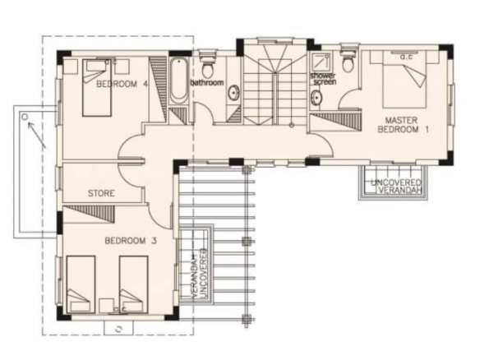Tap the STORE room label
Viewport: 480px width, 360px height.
coord(101,193)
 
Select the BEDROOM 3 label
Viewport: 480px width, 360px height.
coord(131,241)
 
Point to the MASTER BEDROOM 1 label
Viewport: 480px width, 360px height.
coord(403,125)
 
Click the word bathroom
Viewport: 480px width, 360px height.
coord(207,82)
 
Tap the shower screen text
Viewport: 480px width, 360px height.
coord(323,78)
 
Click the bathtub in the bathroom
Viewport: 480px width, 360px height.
coord(178,81)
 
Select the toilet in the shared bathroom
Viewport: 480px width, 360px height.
coord(208,65)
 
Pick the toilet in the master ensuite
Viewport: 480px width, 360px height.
coord(348,61)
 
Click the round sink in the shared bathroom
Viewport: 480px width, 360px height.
coord(234,92)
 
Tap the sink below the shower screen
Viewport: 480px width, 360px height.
coord(316,97)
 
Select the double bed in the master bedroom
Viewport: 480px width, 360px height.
coord(404,79)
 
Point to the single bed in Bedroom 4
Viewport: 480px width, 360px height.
coord(97,88)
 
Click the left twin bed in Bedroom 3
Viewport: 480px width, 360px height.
coord(81,284)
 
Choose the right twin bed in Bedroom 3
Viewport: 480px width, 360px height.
coord(134,284)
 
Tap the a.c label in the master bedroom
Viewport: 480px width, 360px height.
coord(406,57)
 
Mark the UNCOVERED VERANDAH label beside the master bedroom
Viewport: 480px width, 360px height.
coord(396,187)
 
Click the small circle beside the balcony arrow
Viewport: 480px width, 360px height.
coord(25,117)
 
